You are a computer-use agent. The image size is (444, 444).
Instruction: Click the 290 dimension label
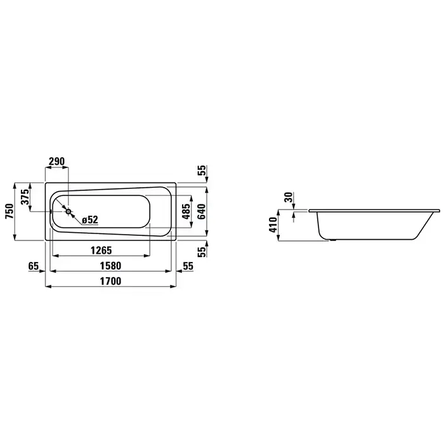56,161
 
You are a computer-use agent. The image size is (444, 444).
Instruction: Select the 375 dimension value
25,197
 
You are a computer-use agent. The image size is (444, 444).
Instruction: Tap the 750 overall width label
10,211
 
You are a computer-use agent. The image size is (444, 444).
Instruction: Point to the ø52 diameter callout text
90,219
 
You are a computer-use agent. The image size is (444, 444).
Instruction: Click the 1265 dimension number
101,251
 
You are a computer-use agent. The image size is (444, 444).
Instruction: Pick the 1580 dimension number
110,266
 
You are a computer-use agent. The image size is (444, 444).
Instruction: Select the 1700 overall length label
110,281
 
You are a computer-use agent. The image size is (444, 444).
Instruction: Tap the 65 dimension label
34,266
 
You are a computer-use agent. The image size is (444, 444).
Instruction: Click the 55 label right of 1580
188,266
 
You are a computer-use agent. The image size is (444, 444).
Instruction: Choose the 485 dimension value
186,211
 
